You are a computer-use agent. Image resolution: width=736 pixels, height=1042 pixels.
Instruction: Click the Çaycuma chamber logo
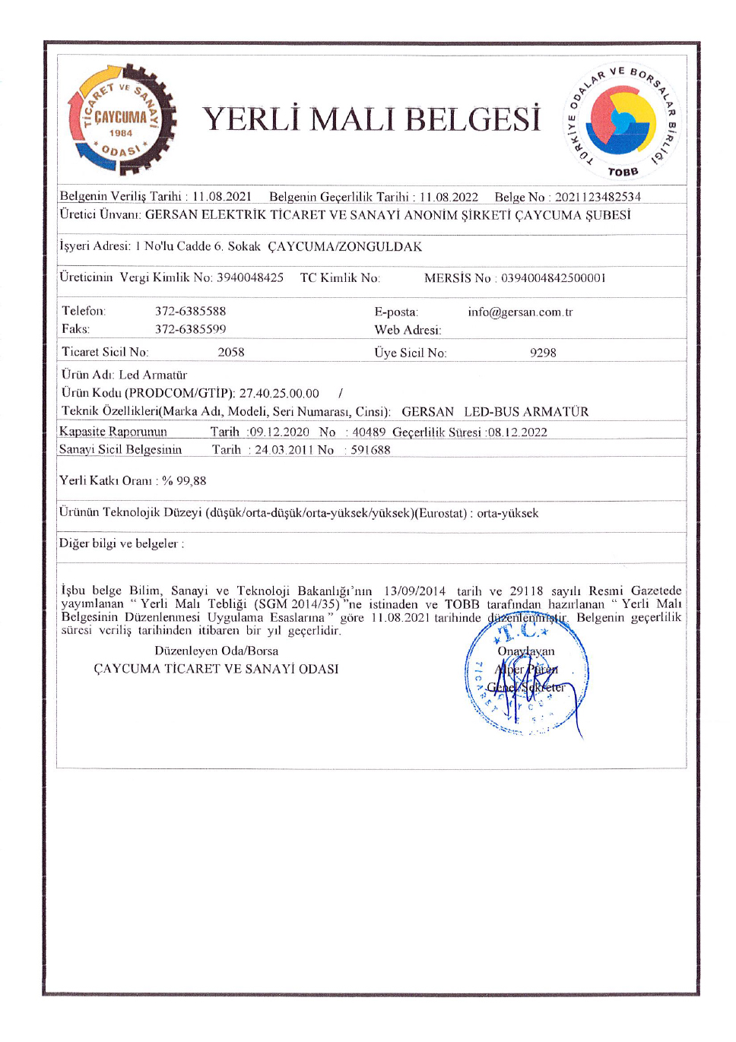(x=122, y=119)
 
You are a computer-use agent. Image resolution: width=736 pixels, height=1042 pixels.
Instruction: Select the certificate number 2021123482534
(x=598, y=197)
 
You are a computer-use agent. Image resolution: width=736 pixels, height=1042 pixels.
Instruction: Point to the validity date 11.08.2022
(x=449, y=197)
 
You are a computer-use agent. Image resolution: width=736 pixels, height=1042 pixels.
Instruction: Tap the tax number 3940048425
(x=250, y=277)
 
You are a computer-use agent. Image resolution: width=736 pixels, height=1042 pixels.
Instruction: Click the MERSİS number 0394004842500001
(x=553, y=278)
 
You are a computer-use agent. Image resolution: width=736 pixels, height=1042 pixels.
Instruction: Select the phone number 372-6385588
(x=190, y=311)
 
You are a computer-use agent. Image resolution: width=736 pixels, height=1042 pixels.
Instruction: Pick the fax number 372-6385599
(x=190, y=329)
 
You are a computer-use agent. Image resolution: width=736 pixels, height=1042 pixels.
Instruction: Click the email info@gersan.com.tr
(x=520, y=312)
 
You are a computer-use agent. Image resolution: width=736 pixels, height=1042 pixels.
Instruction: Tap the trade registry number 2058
(x=231, y=352)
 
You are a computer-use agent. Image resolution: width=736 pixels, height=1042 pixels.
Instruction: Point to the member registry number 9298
(x=543, y=353)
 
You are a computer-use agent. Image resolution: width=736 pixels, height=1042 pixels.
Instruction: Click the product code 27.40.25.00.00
(x=279, y=393)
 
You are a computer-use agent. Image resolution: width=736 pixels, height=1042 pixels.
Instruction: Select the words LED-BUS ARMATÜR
(x=526, y=412)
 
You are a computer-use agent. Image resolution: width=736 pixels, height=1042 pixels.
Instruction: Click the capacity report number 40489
(x=369, y=432)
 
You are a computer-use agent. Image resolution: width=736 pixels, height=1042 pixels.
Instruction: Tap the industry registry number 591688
(x=370, y=450)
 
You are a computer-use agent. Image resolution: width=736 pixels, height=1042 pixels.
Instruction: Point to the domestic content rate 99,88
(x=191, y=480)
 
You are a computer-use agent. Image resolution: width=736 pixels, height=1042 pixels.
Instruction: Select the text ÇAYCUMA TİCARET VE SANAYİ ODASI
(x=216, y=669)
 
